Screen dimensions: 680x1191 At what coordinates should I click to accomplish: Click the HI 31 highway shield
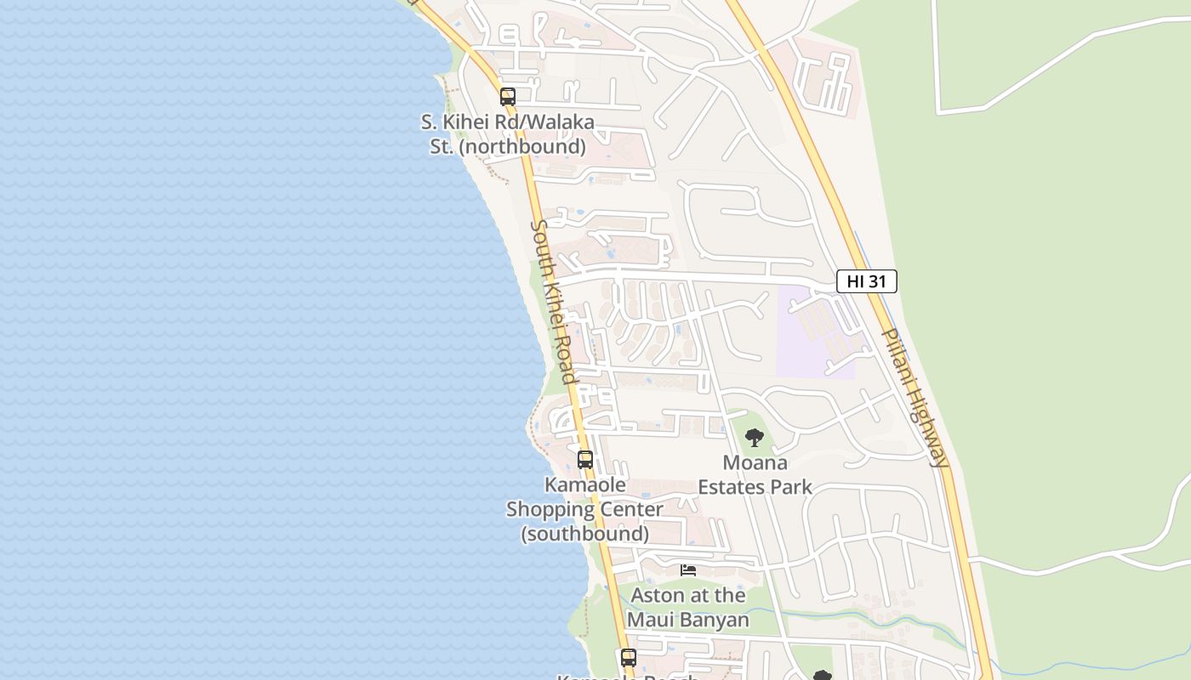[x=866, y=281]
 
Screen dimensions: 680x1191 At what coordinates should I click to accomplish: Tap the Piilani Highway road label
[x=914, y=398]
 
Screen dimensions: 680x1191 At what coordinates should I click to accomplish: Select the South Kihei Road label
[x=553, y=302]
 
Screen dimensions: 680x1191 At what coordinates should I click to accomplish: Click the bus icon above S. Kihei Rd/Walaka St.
[x=508, y=97]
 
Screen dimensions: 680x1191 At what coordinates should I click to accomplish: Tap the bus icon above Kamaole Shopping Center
[x=585, y=460]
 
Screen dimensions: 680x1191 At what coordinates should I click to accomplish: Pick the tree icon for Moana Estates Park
[x=754, y=439]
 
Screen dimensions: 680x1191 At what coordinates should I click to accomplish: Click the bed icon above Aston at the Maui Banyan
[x=688, y=570]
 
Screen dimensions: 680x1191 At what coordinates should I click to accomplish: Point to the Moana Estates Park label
[x=755, y=475]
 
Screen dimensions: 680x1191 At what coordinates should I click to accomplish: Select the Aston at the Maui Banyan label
[x=687, y=607]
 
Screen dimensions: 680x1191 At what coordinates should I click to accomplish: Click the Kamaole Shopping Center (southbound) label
[x=584, y=509]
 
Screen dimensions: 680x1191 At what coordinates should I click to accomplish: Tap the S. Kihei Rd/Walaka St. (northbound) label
[x=508, y=134]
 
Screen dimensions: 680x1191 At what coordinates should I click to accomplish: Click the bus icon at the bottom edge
[x=629, y=657]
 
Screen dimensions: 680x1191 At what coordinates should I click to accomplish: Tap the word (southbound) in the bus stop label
[x=584, y=534]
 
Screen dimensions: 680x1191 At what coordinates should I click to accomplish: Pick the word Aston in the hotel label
[x=658, y=595]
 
